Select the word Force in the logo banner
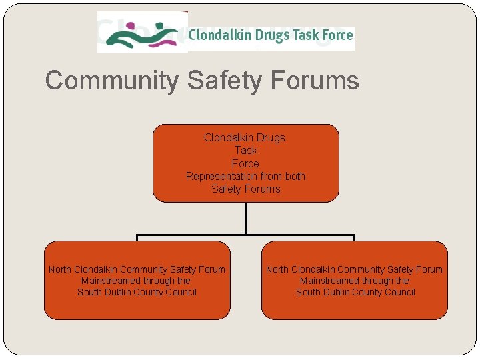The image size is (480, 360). (337, 35)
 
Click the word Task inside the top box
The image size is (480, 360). (245, 151)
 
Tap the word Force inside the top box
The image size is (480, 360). (245, 163)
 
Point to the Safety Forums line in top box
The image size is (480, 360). (245, 189)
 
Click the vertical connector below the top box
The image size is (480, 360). (245, 218)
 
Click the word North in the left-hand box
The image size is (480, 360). (60, 269)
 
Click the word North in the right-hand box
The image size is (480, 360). (277, 269)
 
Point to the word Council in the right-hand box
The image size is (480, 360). (398, 292)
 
